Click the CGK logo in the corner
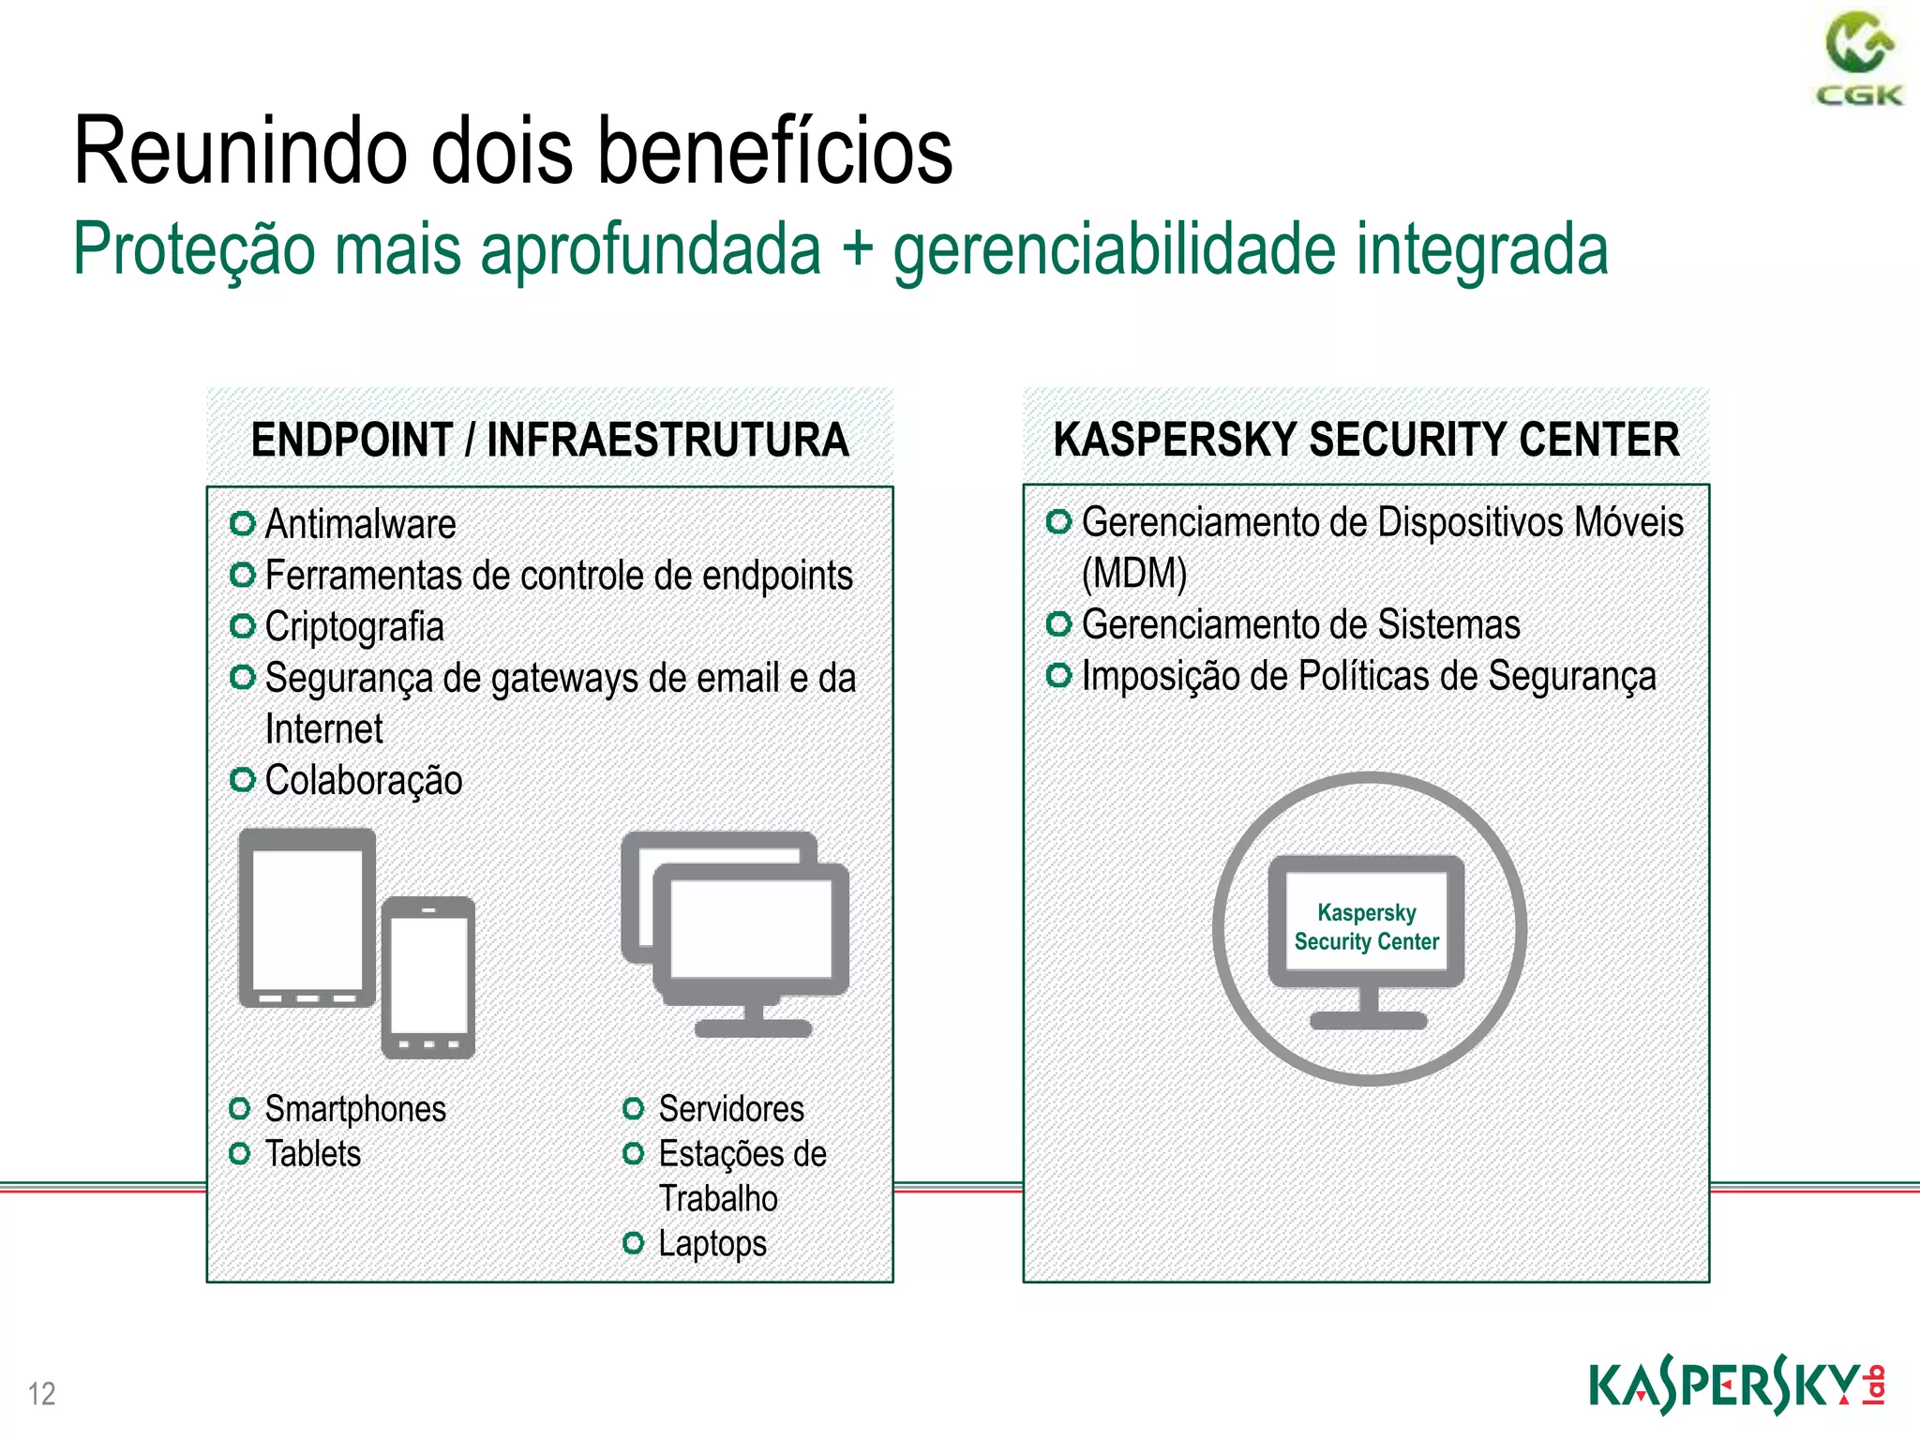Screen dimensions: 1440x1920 coord(1859,58)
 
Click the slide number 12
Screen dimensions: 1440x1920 coord(42,1393)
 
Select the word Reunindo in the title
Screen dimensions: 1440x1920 coord(240,152)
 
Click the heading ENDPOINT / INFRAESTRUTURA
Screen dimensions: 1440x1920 coord(549,440)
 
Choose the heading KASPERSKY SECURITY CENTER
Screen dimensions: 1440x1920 coord(1366,440)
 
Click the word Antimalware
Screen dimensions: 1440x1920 coord(360,524)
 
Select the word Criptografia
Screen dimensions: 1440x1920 coord(354,627)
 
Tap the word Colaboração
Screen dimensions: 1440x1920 coord(364,781)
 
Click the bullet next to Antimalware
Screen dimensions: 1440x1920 coord(243,523)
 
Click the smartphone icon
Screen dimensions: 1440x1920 coord(428,977)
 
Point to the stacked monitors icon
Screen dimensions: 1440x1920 coord(737,932)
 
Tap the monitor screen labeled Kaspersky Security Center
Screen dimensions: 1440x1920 coord(1366,926)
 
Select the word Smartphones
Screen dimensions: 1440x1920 coord(355,1109)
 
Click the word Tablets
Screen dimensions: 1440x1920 coord(313,1154)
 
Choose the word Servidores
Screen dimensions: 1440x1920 coord(731,1109)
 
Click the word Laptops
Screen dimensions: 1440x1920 coord(712,1244)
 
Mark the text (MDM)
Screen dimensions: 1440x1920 coord(1134,574)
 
